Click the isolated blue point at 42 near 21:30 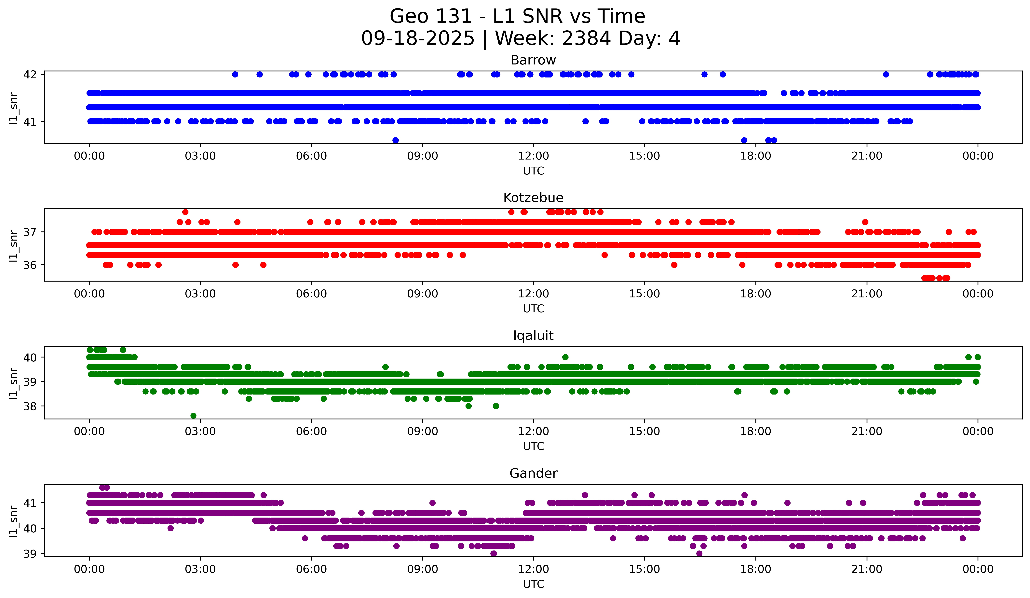pos(886,74)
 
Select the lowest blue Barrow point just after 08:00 pos(395,140)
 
